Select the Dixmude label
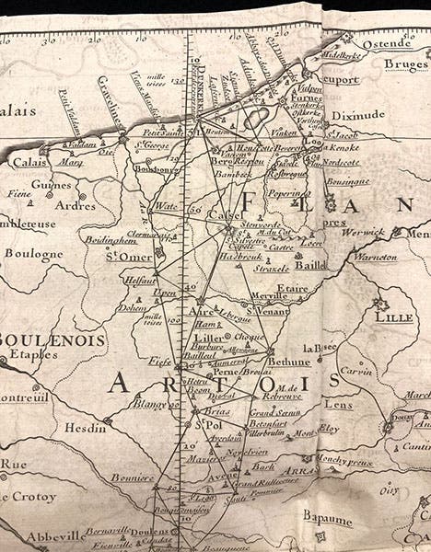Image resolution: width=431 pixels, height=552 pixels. coord(375,116)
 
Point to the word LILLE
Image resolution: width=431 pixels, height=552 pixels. coord(394,316)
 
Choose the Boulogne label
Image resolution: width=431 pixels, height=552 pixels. coord(33,254)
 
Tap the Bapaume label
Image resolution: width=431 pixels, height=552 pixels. coord(327,521)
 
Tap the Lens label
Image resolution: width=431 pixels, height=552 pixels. coord(340,405)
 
